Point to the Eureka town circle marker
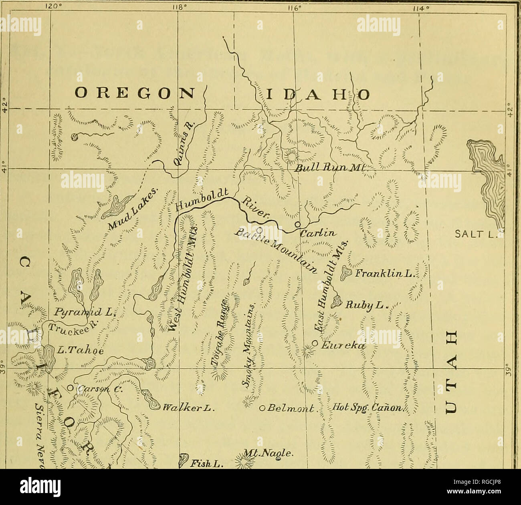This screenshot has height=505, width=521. click(x=315, y=344)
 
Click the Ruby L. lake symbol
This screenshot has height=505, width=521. click(x=336, y=300)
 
